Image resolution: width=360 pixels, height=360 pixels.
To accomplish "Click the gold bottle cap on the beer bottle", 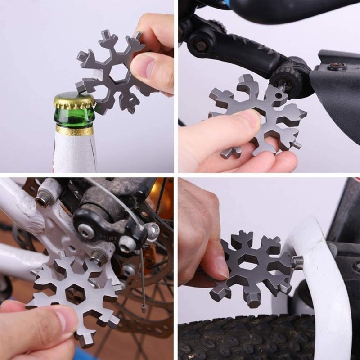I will click(75, 100).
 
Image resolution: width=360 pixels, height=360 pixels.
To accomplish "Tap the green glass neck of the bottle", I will click(75, 118).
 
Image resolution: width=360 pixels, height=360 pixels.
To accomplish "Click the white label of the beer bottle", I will click(75, 153).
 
